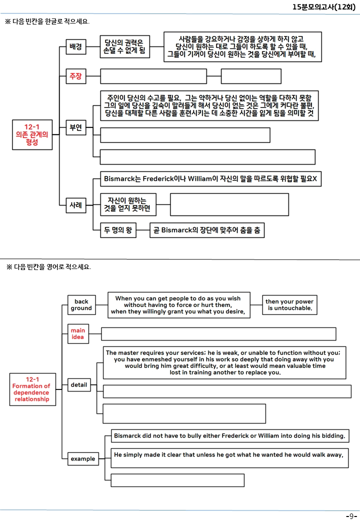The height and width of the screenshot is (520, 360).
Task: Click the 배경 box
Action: point(76,47)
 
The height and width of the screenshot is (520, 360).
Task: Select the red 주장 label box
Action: point(76,76)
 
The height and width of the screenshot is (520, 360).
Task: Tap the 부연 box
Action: point(76,127)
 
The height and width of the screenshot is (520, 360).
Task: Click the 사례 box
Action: point(76,205)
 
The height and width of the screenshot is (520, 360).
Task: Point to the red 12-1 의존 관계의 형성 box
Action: point(32,134)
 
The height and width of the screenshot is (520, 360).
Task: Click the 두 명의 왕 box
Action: point(118,230)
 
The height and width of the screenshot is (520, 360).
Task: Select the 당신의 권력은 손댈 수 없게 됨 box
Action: point(125,47)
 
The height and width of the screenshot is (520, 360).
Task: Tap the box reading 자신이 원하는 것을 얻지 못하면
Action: point(128,204)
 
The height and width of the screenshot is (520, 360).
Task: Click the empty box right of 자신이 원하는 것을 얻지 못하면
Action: point(229,204)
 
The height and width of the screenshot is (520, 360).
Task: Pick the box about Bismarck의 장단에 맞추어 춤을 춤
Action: point(207,230)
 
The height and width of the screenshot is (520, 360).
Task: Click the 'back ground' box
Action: point(81,305)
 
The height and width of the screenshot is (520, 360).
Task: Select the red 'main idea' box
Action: point(78,333)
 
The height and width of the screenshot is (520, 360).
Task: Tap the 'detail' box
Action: point(79,384)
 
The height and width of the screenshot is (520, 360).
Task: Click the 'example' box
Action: point(83,458)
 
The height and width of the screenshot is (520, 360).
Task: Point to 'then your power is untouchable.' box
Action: point(289,305)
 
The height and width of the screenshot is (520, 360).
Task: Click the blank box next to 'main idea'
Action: point(218,334)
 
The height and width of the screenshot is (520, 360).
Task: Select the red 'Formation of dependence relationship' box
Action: point(32,389)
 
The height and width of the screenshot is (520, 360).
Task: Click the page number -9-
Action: point(351,516)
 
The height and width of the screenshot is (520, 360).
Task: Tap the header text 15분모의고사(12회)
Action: point(324,7)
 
